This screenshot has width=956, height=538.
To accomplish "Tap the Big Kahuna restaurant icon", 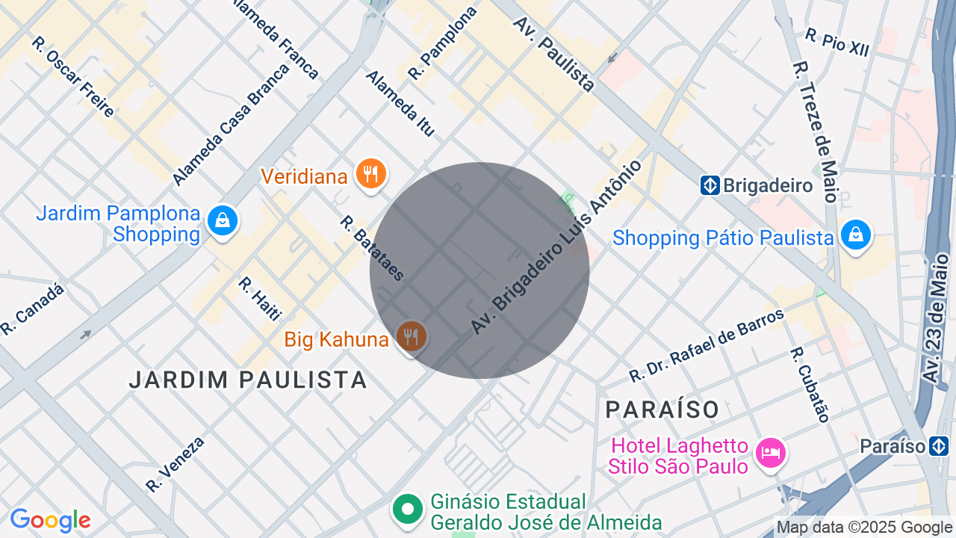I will (x=410, y=338).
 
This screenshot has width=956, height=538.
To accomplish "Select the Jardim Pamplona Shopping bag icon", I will (x=223, y=220).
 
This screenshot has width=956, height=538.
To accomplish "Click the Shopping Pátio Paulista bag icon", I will (x=856, y=235).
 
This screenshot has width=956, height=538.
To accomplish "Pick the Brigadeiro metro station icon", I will (x=710, y=185).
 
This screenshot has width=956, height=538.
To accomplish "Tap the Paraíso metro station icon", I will (x=938, y=447).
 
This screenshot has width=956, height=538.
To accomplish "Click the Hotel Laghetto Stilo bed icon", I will (x=770, y=453).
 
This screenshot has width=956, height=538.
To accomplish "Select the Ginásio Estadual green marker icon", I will (x=407, y=510).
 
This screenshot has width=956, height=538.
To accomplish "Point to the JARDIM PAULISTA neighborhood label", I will (x=248, y=380).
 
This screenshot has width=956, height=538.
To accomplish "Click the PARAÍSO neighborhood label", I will (x=662, y=409).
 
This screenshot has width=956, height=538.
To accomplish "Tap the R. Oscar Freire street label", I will (x=73, y=76).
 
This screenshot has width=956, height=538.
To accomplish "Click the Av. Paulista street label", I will (x=553, y=55).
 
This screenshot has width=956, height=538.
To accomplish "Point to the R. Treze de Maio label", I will (x=816, y=132).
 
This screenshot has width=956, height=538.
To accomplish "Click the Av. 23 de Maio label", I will (x=937, y=319).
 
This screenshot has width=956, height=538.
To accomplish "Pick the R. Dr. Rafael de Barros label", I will (x=707, y=345).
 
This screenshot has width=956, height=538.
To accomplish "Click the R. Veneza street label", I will (x=176, y=464).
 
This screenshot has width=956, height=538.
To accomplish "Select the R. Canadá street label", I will (x=33, y=308).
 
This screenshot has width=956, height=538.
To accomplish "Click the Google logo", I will (x=50, y=521).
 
